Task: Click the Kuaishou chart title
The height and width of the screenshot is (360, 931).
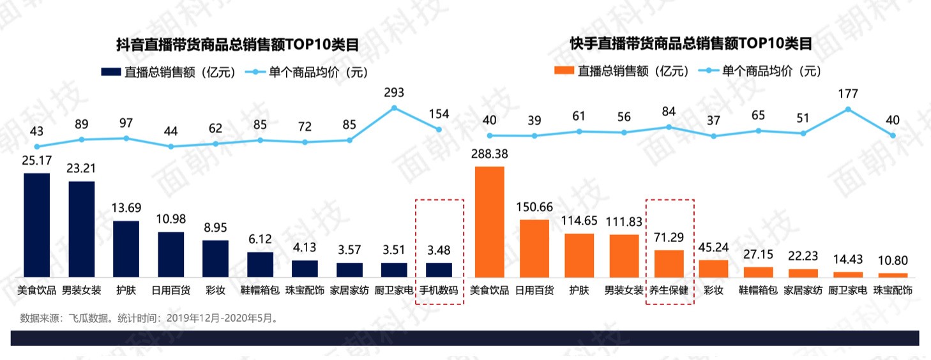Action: coord(691,44)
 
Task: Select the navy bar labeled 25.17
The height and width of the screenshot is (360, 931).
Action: coord(37,225)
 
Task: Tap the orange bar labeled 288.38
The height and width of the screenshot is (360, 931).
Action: coord(490,221)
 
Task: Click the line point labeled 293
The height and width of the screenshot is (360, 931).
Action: coord(395,107)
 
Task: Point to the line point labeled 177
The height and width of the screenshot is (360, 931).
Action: coord(848,109)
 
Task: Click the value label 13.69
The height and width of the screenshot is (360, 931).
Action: coord(126,208)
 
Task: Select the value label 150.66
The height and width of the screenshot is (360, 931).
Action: coord(534,207)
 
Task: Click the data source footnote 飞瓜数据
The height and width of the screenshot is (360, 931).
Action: coord(148,317)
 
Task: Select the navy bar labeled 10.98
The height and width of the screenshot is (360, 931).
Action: coord(171,254)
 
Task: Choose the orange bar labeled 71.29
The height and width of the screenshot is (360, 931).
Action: coord(669,263)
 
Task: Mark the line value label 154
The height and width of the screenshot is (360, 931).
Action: coord(439,114)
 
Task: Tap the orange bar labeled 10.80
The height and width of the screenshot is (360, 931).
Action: coord(893,275)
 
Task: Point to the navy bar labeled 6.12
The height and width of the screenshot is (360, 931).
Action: coord(261,264)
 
